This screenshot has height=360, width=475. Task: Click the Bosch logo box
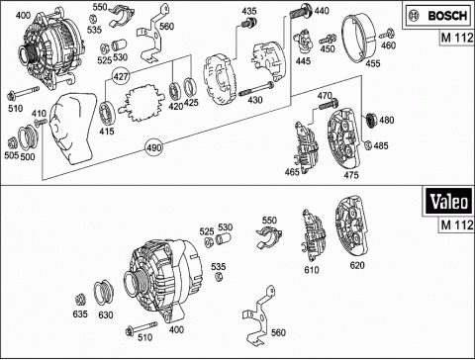point(437,15)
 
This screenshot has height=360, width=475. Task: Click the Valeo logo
point(448,202)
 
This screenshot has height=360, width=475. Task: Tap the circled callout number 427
point(121,76)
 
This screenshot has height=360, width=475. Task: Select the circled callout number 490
point(154,147)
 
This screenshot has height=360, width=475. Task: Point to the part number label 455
point(373,63)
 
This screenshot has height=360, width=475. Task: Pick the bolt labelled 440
point(301,11)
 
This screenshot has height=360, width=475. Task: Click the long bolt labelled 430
point(256,90)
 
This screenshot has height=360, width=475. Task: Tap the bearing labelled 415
point(108,113)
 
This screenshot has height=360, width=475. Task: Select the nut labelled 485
point(368,144)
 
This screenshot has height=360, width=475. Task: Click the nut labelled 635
point(80,300)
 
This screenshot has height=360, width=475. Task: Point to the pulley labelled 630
point(104,293)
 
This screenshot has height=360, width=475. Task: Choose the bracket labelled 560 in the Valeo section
point(259,315)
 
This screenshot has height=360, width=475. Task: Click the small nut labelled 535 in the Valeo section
point(218,276)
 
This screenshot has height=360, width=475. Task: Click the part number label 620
point(357,265)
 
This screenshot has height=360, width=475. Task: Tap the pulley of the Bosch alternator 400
point(28,53)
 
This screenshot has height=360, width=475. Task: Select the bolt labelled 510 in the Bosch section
point(23,93)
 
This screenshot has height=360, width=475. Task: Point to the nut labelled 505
point(12,143)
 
